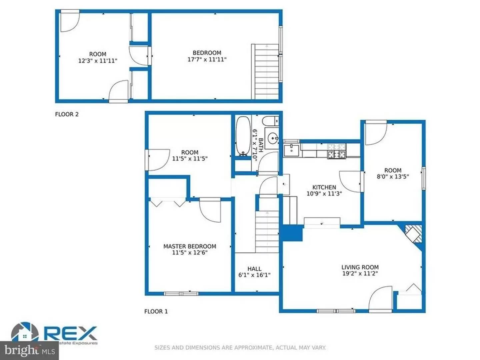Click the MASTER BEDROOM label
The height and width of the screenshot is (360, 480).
(190, 246)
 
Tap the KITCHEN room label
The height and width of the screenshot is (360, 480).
(324, 187)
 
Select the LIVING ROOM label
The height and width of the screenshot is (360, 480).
(360, 267)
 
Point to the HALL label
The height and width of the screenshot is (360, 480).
(254, 269)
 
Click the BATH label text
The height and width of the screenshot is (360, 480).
(261, 145)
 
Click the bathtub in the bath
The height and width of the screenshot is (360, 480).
(243, 136)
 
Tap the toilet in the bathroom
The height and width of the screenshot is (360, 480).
(270, 120)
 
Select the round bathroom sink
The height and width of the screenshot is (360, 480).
(274, 137)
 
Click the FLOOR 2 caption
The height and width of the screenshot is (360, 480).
(67, 114)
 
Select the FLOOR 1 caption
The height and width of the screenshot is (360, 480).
(156, 311)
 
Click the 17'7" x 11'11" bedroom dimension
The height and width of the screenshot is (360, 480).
(207, 59)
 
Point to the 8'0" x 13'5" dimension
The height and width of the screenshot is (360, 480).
(393, 177)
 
